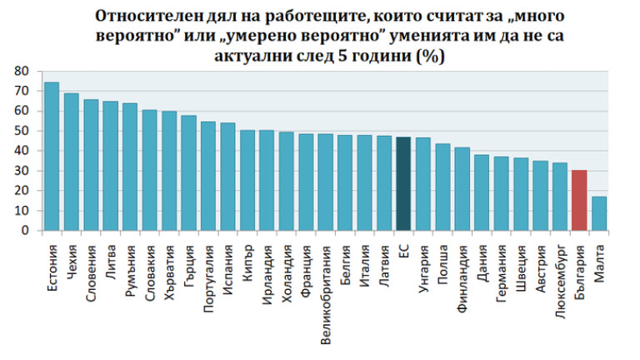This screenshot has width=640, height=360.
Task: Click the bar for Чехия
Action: click(x=72, y=162)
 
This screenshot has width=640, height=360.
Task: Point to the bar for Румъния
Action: click(x=130, y=167)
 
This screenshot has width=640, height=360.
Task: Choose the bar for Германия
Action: click(x=501, y=193)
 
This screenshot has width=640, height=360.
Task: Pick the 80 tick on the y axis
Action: click(x=22, y=72)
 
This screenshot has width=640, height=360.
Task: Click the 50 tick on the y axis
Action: click(x=22, y=131)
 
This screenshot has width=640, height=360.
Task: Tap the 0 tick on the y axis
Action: click(x=25, y=231)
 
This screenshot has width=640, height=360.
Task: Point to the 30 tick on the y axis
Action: click(x=22, y=171)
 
